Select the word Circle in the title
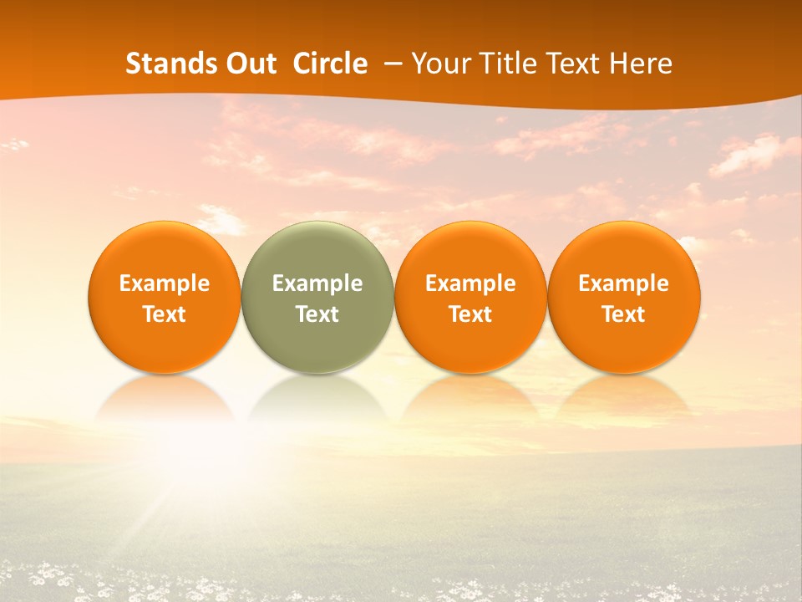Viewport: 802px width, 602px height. [330, 64]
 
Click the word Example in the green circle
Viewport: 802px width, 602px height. [317, 283]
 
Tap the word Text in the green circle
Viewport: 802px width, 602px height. [317, 314]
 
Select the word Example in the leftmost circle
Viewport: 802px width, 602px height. [164, 283]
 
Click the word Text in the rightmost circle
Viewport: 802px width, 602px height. [624, 314]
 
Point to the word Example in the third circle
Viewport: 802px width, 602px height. [470, 283]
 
